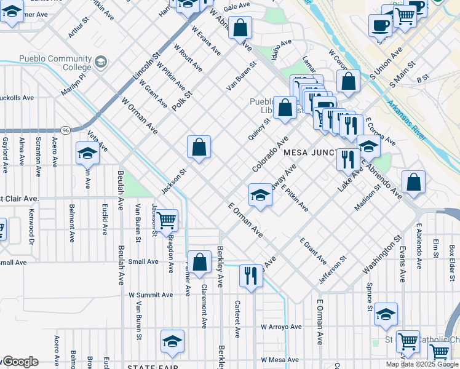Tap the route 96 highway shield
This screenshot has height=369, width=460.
coord(65,130)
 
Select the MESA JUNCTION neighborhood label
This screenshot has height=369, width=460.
coord(311,152)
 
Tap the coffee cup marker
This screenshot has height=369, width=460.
coord(379,26)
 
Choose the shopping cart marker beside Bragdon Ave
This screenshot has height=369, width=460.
coord(165,220)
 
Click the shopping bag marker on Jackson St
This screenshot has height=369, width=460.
coord(199,148)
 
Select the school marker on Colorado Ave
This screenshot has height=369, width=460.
coord(260,196)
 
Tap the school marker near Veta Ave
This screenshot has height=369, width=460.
coord(87,154)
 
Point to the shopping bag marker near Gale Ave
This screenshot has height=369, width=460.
coord(240,28)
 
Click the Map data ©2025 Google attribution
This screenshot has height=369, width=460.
coord(422,364)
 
